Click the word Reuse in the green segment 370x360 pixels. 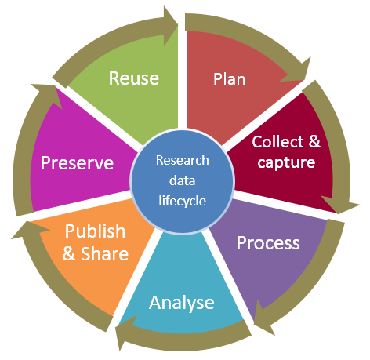click(134, 78)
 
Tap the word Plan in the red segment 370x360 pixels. click(230, 78)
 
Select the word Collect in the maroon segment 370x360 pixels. click(277, 142)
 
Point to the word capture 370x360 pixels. click(286, 163)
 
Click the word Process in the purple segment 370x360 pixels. click(268, 243)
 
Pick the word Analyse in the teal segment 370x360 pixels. click(182, 303)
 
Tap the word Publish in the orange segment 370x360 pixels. click(95, 231)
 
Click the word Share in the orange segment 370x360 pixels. click(104, 253)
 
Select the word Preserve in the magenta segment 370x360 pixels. click(77, 163)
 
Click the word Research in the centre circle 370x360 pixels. click(183, 160)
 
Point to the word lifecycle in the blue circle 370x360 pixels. click(183, 201)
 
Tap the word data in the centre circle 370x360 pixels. click(183, 180)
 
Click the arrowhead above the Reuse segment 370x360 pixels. click(170, 26)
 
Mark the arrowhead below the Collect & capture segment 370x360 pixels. click(339, 205)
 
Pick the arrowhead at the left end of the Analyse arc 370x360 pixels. click(124, 331)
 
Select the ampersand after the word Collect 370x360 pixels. click(314, 142)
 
